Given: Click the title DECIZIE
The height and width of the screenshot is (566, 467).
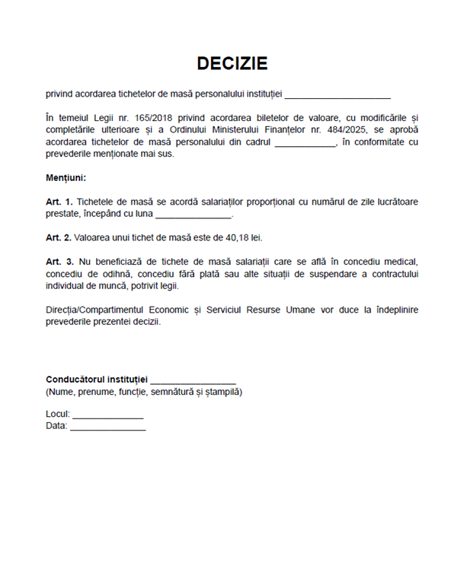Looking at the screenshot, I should (x=232, y=63).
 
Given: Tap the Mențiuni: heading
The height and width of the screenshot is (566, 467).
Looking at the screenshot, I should (x=66, y=178).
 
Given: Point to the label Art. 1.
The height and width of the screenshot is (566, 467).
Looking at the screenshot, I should (x=59, y=202).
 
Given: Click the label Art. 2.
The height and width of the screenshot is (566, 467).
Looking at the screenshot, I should (x=59, y=238).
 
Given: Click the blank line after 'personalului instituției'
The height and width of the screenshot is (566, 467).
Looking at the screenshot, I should (x=338, y=96).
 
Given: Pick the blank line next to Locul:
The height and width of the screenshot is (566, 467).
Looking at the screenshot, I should (x=107, y=415).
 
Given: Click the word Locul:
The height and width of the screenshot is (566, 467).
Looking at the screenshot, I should (x=58, y=415).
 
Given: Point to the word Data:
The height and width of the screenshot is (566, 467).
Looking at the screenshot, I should (x=56, y=427).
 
